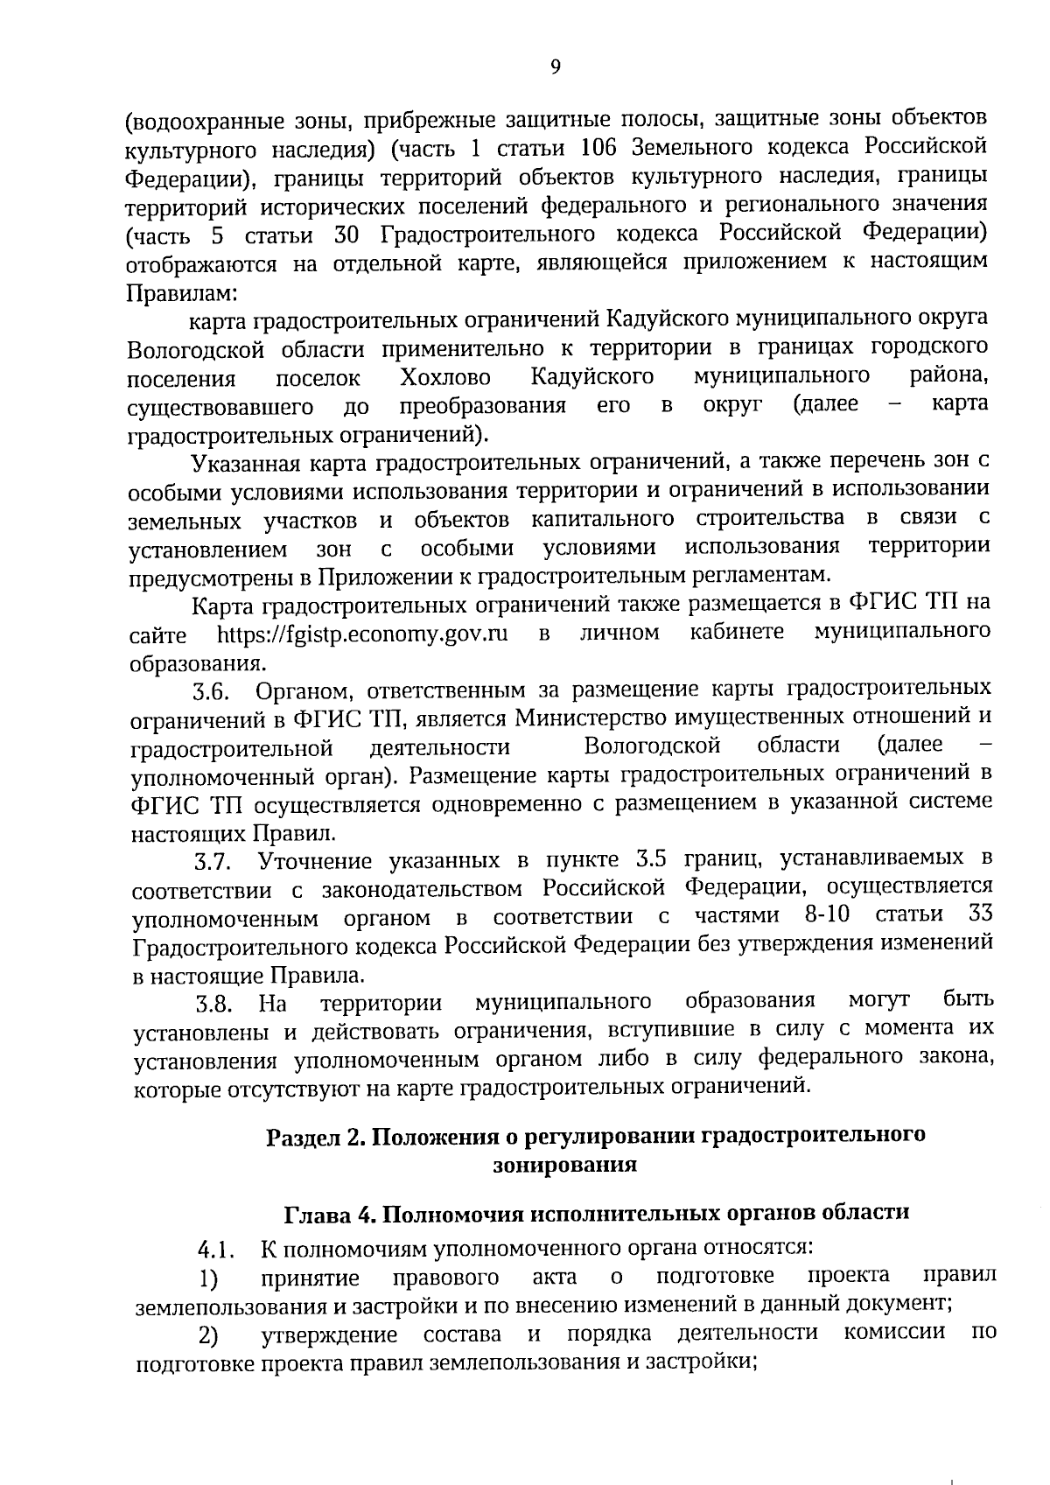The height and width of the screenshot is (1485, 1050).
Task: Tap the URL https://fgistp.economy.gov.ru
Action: [362, 633]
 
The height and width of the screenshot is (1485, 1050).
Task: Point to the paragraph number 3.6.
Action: [212, 694]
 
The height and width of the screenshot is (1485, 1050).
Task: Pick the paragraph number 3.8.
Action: [213, 1005]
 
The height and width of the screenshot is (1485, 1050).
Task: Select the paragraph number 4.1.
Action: [215, 1249]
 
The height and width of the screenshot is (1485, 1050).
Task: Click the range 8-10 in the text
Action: [826, 915]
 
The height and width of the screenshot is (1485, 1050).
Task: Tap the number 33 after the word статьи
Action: [979, 914]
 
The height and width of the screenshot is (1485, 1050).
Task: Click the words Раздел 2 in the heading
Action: [314, 1137]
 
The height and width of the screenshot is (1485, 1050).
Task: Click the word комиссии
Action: [895, 1333]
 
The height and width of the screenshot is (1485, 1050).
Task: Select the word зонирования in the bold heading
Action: [564, 1166]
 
